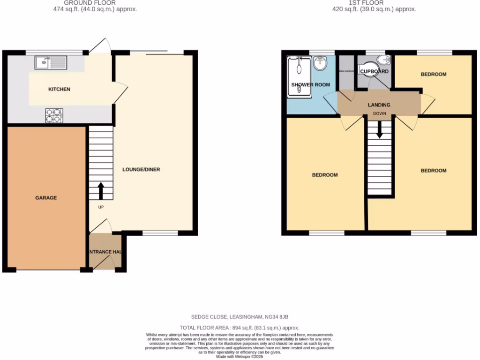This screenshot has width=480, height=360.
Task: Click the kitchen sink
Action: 51,62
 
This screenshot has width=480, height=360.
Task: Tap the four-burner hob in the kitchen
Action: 54,115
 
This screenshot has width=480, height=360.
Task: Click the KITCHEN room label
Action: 60,89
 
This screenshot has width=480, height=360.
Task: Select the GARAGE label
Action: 46,198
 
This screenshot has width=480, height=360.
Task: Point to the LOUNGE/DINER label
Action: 141,169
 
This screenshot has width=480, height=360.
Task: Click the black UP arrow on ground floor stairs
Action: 101,191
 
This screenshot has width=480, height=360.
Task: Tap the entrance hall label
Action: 105,252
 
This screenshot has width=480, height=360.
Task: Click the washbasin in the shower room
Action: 321,63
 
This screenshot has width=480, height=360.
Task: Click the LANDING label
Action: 379,105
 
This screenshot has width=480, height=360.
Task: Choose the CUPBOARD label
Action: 374,72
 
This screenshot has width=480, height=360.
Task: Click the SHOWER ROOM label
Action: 310,85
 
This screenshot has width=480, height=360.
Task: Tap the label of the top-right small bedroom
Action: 433,74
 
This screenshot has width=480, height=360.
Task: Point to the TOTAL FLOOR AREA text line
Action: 240,328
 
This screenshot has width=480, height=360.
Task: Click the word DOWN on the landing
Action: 379,114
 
